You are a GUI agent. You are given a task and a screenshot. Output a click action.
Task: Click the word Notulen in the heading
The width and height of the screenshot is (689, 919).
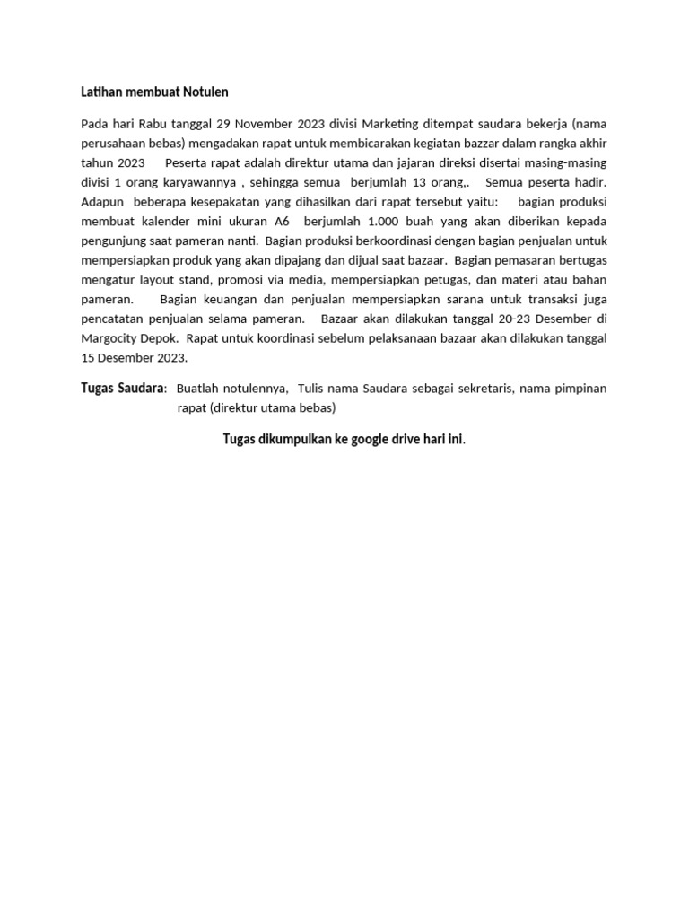click(x=206, y=92)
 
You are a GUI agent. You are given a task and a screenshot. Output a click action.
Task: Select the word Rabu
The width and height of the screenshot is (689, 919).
click(x=155, y=123)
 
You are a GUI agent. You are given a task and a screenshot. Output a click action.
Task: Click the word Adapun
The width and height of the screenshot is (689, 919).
click(x=102, y=201)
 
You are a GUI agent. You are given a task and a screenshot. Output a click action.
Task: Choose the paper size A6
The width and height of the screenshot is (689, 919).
click(x=282, y=221)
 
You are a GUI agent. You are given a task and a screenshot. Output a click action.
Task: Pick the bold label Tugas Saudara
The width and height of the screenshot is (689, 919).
click(x=122, y=389)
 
